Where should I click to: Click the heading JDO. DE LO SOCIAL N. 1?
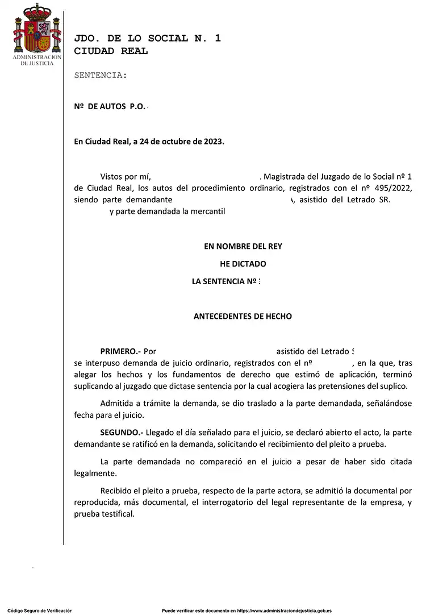[x=147, y=39]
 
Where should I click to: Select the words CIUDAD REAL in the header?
[x=111, y=51]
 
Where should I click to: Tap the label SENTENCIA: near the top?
[x=101, y=75]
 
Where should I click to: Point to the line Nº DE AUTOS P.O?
[x=110, y=107]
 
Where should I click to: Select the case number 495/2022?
[x=392, y=188]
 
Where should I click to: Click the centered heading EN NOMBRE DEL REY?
[x=243, y=246]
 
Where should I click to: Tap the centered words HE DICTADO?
[x=243, y=264]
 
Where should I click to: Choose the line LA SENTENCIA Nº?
[x=225, y=281]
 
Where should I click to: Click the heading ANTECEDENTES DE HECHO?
[x=243, y=316]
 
